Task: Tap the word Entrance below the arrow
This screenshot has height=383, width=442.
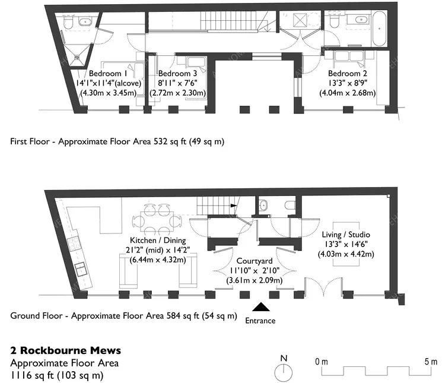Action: [260, 321]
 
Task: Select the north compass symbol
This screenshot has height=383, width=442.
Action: [284, 371]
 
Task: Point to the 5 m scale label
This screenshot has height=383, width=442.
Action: [431, 362]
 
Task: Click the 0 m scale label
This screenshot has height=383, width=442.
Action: [321, 362]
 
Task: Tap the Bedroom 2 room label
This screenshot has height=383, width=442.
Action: [346, 74]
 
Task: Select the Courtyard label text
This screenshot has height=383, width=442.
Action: [255, 261]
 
